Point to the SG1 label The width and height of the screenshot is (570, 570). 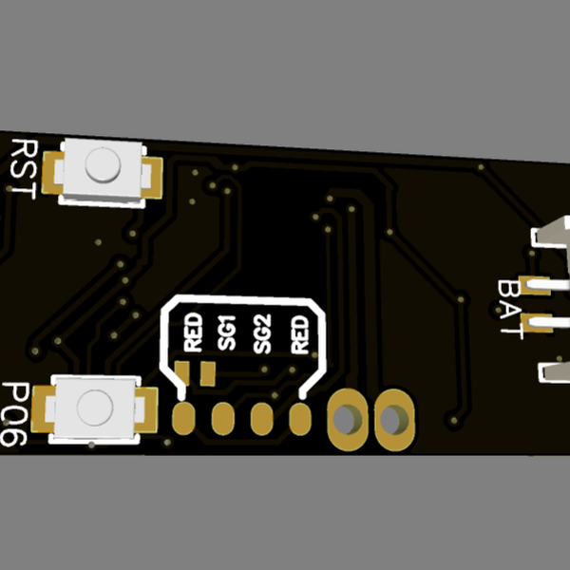pos(228,334)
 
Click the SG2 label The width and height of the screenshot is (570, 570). pos(263,334)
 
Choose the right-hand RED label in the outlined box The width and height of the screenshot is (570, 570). pos(298,334)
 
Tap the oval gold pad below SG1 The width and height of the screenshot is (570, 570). pos(222,417)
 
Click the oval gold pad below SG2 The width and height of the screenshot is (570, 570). pos(260,417)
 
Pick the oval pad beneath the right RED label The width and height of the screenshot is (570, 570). pos(300,417)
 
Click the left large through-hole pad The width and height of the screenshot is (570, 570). pos(347,418)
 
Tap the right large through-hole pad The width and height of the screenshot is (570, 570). pos(391,418)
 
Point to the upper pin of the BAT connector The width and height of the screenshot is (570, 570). pos(538,284)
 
